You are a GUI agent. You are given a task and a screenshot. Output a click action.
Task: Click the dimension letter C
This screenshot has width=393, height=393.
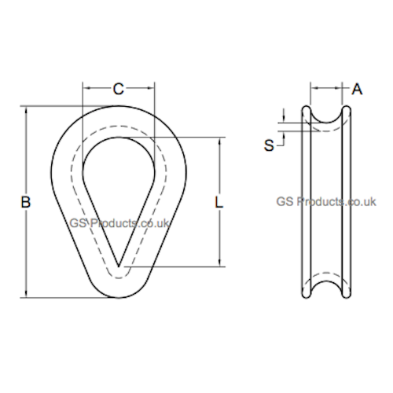click(119, 89)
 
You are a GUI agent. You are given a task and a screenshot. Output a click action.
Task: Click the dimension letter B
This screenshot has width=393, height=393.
click(26, 202)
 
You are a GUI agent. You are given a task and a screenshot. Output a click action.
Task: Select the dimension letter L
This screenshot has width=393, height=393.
click(219, 202)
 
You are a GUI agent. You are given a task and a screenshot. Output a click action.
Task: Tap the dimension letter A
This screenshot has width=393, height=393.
click(357, 89)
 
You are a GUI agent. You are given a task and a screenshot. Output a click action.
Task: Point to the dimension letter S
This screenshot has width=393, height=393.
click(269, 145)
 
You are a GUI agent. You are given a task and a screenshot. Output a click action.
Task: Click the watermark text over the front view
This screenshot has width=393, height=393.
click(119, 223)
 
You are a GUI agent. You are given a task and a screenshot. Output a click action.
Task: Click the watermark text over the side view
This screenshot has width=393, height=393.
click(326, 202)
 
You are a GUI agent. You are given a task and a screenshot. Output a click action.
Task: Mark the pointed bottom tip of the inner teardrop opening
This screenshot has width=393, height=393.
click(119, 266)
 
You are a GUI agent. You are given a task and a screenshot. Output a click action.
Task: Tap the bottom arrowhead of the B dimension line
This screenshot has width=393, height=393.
click(26, 294)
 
